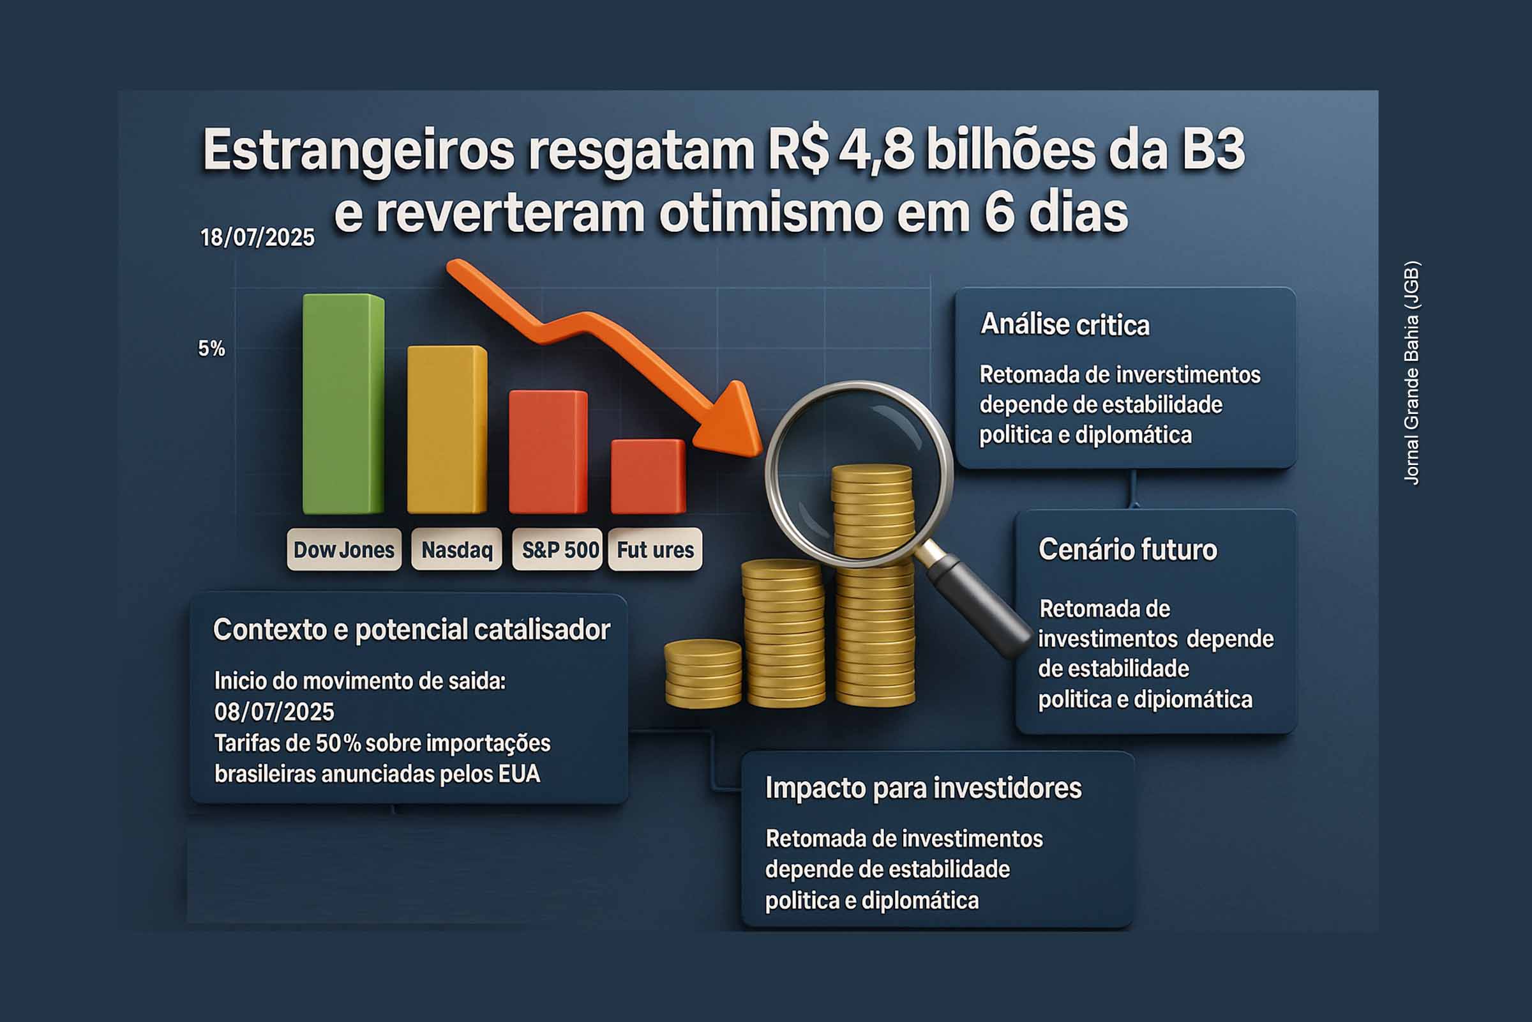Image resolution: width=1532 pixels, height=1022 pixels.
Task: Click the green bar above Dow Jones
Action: click(343, 404)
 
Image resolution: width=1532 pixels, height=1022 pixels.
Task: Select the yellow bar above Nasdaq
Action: click(447, 429)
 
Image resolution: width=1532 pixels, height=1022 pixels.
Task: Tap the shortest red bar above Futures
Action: click(648, 477)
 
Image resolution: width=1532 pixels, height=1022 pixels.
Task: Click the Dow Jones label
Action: click(344, 549)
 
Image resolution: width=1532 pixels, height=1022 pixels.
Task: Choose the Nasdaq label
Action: click(456, 549)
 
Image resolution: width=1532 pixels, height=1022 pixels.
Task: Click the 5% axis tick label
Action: click(212, 348)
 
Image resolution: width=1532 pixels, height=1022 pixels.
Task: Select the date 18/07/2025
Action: click(257, 237)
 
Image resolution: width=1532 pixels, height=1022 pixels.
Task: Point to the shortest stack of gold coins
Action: click(703, 674)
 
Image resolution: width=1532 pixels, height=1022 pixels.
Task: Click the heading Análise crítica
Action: click(1065, 324)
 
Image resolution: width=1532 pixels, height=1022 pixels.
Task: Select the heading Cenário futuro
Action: click(1127, 549)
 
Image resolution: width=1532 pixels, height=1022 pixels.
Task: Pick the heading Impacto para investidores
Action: click(923, 788)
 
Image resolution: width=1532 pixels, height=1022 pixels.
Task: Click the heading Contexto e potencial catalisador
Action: click(412, 630)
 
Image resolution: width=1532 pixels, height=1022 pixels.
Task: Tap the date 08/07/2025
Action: click(274, 712)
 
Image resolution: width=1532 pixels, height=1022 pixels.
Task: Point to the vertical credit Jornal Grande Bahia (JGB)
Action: click(1411, 373)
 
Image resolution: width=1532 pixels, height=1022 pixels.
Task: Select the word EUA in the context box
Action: click(519, 774)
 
